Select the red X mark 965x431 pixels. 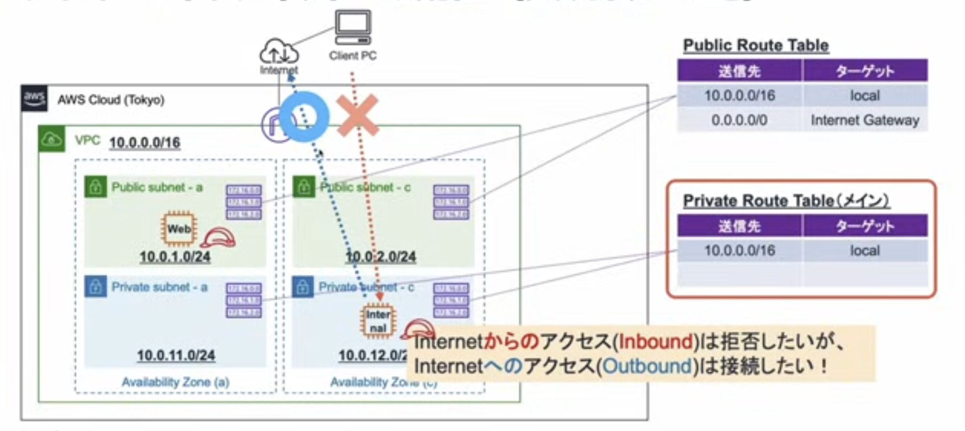(x=358, y=115)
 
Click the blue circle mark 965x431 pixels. (x=304, y=117)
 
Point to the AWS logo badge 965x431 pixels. (x=34, y=98)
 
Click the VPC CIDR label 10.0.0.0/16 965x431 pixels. (x=145, y=143)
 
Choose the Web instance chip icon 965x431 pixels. (x=179, y=228)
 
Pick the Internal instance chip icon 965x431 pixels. (x=378, y=321)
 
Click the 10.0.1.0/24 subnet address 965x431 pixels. (x=175, y=257)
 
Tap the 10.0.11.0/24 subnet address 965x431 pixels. (x=176, y=355)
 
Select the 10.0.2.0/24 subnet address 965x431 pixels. (x=381, y=257)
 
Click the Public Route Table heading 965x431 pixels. (x=756, y=45)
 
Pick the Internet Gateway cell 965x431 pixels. (x=865, y=120)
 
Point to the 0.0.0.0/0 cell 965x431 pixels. (x=739, y=120)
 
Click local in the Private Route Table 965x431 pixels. (x=865, y=251)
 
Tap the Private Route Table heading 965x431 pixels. (x=786, y=201)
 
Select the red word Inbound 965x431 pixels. (x=655, y=342)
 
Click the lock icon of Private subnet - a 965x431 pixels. (x=96, y=286)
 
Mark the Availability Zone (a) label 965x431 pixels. (x=175, y=382)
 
